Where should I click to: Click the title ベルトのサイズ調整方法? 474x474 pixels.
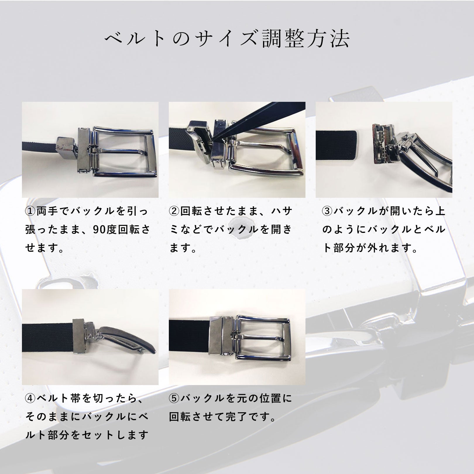click(x=227, y=39)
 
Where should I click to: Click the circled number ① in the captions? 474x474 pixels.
click(x=30, y=211)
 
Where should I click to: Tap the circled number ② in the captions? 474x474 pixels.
click(x=174, y=211)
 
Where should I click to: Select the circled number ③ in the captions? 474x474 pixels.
click(x=327, y=211)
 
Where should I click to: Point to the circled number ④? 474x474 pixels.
click(x=30, y=398)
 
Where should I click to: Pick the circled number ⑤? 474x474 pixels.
click(x=174, y=398)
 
